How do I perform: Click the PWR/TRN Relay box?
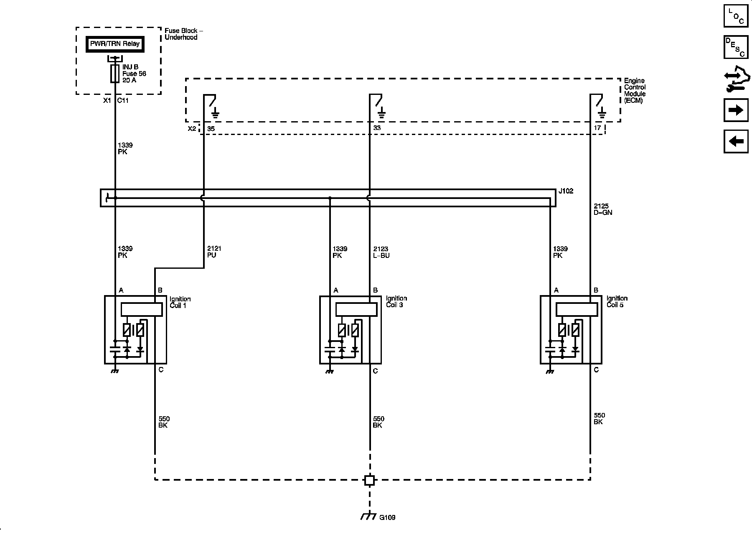[115, 44]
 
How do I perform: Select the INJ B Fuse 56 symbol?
[114, 74]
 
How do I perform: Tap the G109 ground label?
[387, 517]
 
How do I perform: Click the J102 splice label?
[566, 191]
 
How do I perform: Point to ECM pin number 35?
[211, 129]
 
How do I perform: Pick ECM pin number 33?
[377, 128]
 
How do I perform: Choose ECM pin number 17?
[597, 128]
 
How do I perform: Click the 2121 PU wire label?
[214, 252]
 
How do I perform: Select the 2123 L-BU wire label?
[381, 252]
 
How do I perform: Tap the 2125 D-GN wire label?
[603, 209]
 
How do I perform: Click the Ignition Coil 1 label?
[180, 302]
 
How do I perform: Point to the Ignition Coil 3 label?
[396, 301]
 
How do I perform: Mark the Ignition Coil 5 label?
[617, 301]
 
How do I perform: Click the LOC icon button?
[736, 15]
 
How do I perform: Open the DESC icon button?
[736, 47]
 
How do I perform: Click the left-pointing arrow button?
[736, 141]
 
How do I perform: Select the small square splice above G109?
[369, 480]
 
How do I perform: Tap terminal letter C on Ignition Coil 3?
[375, 371]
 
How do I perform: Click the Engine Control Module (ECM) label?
[635, 90]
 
